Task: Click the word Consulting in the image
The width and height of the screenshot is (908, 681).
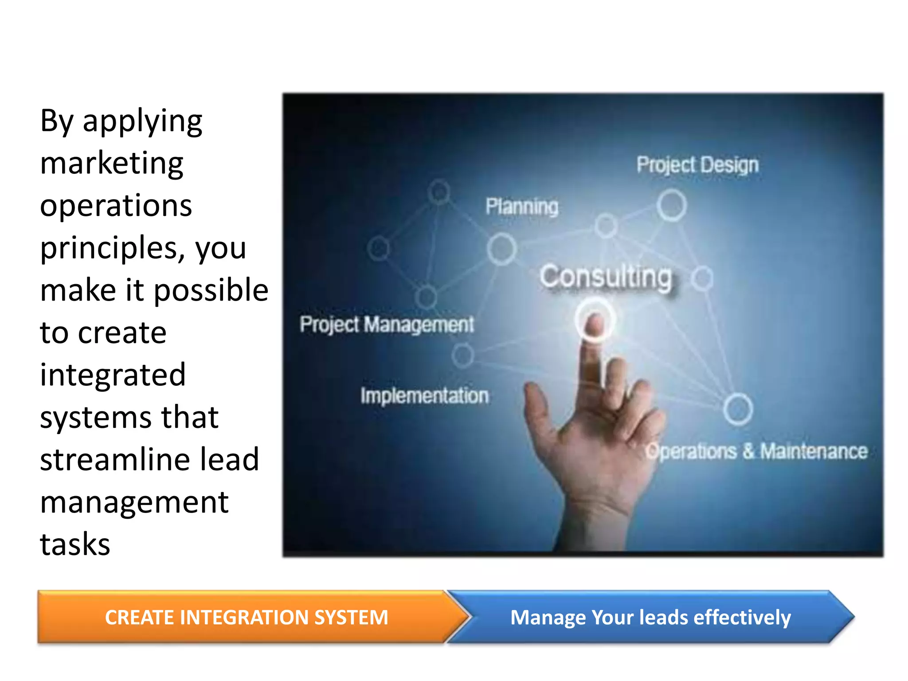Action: coord(606,277)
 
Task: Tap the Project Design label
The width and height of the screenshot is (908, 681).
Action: coord(697,165)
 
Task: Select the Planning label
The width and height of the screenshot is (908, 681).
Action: coord(522,207)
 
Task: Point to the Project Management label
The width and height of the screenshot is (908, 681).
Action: coord(387,325)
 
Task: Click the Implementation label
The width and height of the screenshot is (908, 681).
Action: coord(424,395)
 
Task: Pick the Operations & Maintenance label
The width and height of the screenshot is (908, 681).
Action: coord(756,451)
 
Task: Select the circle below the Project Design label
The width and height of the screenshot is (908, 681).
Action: coord(672,205)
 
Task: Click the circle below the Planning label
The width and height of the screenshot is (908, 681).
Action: coord(501,249)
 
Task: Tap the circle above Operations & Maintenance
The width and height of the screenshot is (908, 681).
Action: coord(738,409)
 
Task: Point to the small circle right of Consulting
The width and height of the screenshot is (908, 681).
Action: coord(703,278)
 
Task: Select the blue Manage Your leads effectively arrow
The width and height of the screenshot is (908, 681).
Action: coord(650,617)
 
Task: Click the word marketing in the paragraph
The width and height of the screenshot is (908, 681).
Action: coord(112,163)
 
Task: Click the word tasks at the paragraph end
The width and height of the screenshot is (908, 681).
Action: coord(75,544)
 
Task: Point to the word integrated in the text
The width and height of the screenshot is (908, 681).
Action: coord(113,375)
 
